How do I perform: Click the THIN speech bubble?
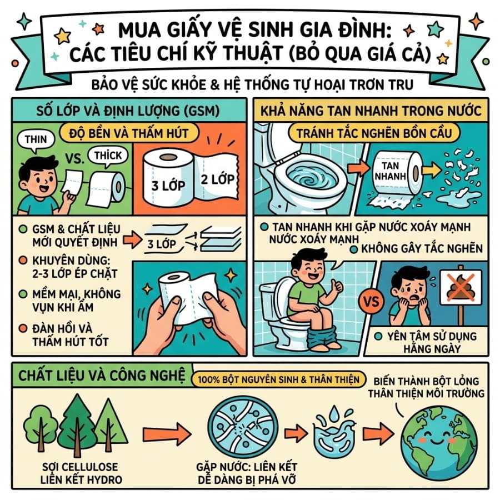click(36, 141)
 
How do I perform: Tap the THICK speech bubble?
click(108, 156)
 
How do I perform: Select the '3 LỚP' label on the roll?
click(168, 185)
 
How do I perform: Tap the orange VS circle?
click(372, 301)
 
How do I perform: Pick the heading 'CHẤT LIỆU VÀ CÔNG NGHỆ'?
click(102, 375)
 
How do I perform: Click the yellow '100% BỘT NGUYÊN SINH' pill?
click(279, 379)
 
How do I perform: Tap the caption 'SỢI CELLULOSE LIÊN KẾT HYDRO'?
click(81, 473)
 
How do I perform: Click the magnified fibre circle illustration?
click(243, 428)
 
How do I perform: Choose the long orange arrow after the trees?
click(167, 434)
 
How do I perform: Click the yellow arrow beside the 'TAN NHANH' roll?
click(432, 171)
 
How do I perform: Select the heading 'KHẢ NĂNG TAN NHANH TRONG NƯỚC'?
click(371, 111)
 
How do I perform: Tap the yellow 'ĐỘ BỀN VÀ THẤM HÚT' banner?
click(129, 133)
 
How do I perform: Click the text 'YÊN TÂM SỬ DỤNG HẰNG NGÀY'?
click(432, 342)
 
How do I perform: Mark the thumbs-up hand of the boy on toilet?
click(335, 286)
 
